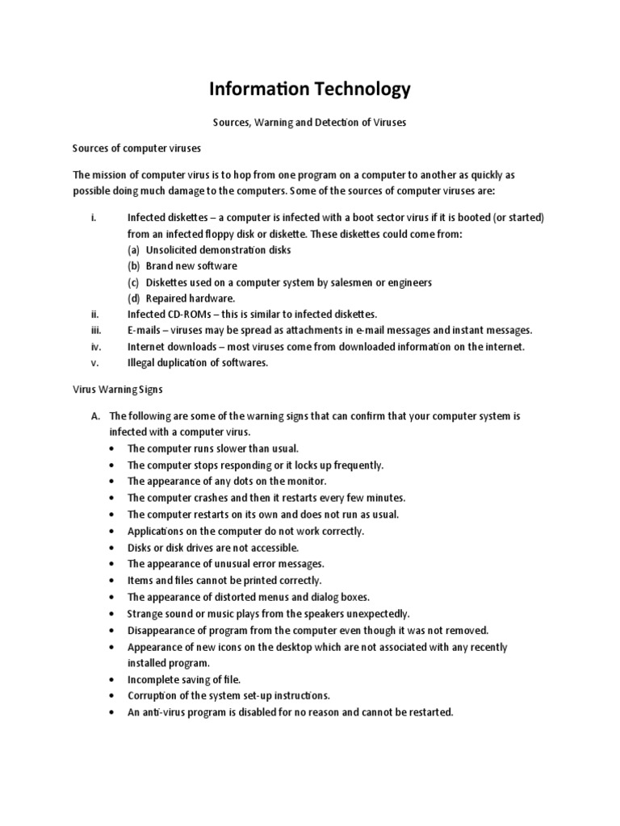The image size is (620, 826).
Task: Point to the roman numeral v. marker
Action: coord(94,362)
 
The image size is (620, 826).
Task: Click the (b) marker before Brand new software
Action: coord(133,265)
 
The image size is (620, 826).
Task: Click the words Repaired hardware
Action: coord(179,298)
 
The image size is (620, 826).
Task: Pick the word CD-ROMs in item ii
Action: coord(186,314)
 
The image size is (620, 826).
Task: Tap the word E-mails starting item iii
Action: coord(145,330)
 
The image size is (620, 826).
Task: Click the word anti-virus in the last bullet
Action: coord(166,712)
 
